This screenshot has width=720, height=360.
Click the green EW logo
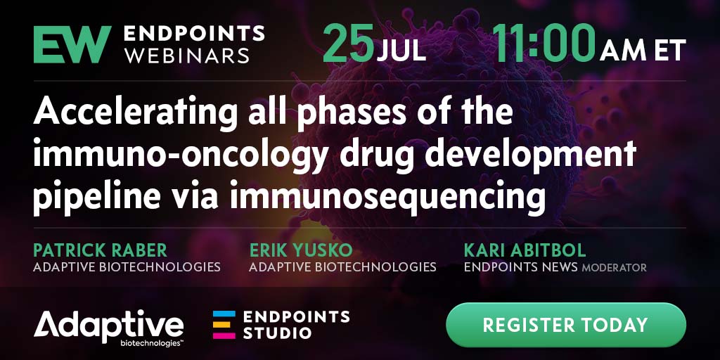[x=72, y=44]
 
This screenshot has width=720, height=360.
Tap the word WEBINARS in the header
[x=187, y=55]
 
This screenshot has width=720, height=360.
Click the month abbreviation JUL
[x=401, y=51]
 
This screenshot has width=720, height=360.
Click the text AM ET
[x=643, y=50]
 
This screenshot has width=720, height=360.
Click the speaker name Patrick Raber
[x=100, y=250]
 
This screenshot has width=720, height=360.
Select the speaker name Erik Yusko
[x=301, y=250]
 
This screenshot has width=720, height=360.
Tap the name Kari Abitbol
[x=525, y=250]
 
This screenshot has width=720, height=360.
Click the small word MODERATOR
[x=614, y=267]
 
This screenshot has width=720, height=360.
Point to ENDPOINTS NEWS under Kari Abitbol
[x=521, y=266]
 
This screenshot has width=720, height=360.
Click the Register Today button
[x=566, y=325]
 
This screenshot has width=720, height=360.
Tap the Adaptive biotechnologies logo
[x=109, y=327]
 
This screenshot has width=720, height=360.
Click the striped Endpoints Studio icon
[x=224, y=325]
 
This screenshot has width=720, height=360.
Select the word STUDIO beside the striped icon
[x=278, y=333]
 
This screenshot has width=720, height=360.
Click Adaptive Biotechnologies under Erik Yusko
[x=342, y=266]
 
